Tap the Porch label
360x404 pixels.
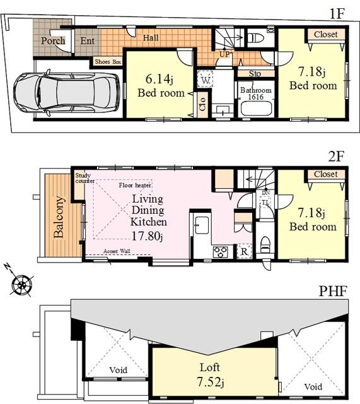[53, 42]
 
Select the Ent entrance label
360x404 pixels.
[88, 42]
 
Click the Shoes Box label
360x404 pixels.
[109, 62]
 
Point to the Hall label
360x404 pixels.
[151, 38]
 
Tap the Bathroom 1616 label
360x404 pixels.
[255, 94]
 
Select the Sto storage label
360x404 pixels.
[255, 73]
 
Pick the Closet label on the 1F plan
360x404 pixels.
[325, 34]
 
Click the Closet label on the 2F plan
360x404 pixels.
[325, 174]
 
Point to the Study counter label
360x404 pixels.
[84, 178]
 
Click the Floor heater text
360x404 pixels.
[134, 186]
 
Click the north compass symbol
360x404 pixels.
[22, 283]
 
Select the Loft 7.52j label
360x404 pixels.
[209, 372]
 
